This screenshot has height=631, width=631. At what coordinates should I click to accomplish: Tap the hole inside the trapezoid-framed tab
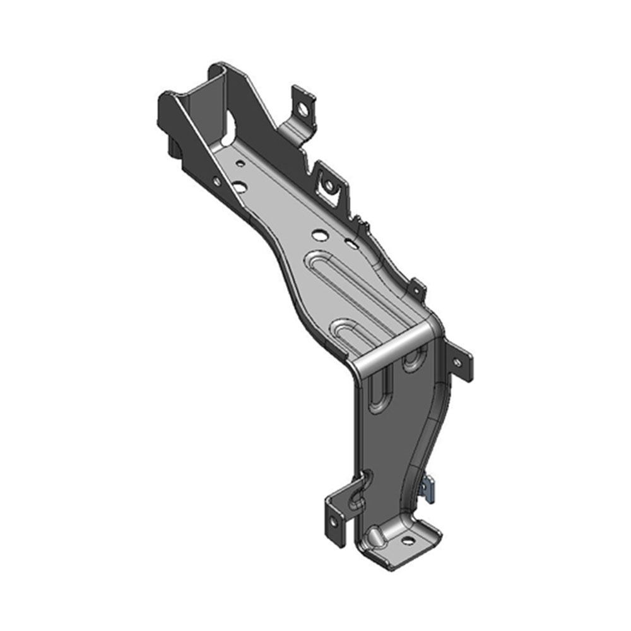click(327, 185)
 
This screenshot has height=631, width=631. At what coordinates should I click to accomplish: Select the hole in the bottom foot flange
click(407, 540)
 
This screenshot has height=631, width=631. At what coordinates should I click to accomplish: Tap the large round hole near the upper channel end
click(240, 187)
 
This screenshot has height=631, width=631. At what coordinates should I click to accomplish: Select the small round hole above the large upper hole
click(240, 163)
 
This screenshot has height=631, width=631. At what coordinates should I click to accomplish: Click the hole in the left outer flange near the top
click(216, 181)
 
